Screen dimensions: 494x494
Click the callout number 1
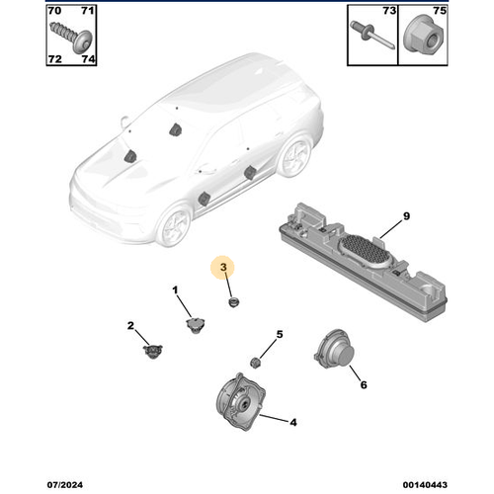[175, 290]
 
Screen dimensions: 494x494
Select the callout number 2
[130, 325]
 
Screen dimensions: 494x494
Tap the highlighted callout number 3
[224, 268]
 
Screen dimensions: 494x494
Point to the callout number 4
[292, 422]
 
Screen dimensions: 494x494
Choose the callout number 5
[280, 335]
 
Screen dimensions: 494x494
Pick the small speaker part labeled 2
[151, 349]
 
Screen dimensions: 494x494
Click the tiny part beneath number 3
[234, 301]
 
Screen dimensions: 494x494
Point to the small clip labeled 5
[255, 359]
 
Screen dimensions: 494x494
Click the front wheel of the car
[175, 226]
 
